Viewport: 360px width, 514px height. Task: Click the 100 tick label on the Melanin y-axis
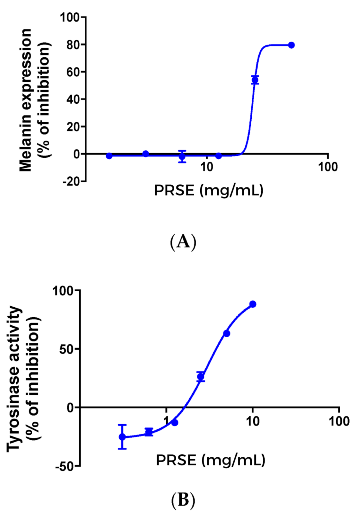point(70,18)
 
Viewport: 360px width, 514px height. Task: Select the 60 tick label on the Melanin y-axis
point(74,72)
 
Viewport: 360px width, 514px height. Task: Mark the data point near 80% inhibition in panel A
point(292,45)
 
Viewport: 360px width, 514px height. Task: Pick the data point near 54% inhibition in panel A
point(255,80)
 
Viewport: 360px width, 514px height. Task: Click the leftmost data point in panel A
point(109,156)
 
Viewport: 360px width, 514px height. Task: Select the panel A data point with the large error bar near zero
point(182,156)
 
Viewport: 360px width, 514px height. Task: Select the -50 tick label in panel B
point(64,466)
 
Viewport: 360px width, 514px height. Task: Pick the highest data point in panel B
point(253,304)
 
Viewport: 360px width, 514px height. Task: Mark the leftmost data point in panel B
point(122,437)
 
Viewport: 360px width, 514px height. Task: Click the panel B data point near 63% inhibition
point(227,333)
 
